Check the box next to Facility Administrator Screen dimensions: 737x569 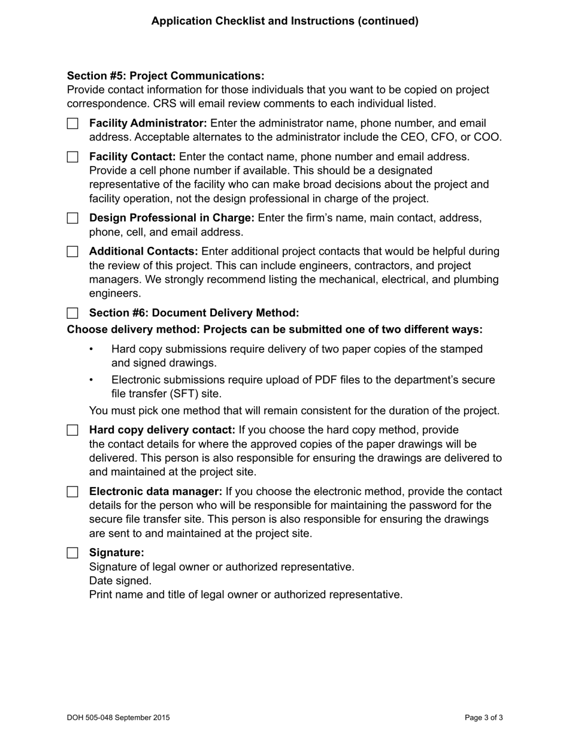[72, 123]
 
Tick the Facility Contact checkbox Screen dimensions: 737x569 [72, 157]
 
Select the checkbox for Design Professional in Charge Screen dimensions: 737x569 [72, 218]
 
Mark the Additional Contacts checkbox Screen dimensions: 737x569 [72, 252]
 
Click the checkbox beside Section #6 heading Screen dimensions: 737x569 [72, 313]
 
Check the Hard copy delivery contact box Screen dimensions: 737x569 [72, 430]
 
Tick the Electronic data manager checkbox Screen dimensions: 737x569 [72, 492]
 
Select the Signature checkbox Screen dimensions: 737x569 [72, 553]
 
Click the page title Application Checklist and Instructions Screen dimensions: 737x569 [284, 21]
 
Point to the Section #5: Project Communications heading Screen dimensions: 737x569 [165, 76]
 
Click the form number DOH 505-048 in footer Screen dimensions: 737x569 [118, 717]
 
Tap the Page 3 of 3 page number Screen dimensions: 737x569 [483, 717]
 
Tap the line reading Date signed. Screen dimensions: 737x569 [120, 581]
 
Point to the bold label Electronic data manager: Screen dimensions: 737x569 [156, 492]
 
